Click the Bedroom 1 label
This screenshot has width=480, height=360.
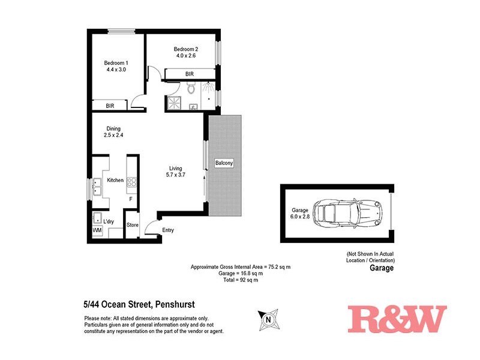[116, 66]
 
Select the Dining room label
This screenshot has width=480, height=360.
[113, 131]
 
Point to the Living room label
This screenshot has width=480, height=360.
[175, 171]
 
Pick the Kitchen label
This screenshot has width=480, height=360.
[115, 180]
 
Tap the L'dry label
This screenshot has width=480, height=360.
[109, 221]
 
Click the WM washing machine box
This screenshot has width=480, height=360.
[97, 230]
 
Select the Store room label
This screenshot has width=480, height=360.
[133, 226]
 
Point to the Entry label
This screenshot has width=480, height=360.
[168, 230]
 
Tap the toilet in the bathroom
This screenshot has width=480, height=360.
[191, 90]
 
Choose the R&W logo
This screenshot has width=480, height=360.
[397, 319]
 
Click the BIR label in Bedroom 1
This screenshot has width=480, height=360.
[110, 106]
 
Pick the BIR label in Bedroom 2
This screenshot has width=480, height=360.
[190, 74]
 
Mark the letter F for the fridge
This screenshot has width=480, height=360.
[131, 199]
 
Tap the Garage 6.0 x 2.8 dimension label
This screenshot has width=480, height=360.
[300, 214]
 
